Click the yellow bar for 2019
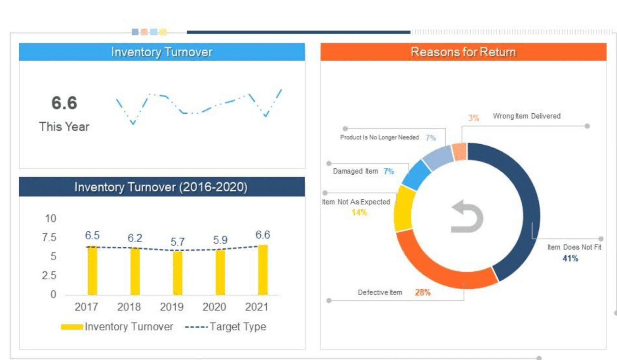tap(178, 273)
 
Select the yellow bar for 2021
tap(263, 270)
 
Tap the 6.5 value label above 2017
tap(92, 235)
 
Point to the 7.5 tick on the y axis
tap(49, 237)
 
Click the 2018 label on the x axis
tap(129, 307)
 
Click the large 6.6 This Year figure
tap(64, 103)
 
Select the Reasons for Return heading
tap(463, 52)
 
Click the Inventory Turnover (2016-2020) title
tap(161, 187)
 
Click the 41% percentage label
tap(570, 258)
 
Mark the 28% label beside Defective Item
tap(423, 292)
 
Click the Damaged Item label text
tap(355, 171)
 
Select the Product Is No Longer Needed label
tap(379, 137)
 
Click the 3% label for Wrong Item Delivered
tap(473, 118)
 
